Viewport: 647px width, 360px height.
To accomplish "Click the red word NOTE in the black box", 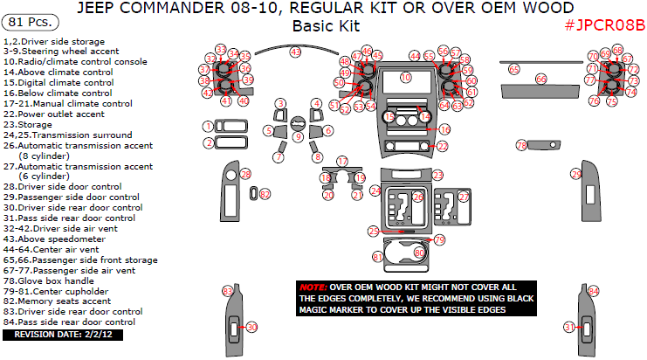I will pyautogui.click(x=313, y=287).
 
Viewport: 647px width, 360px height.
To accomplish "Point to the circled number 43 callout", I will pyautogui.click(x=295, y=52).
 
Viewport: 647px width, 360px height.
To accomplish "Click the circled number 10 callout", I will pyautogui.click(x=405, y=78).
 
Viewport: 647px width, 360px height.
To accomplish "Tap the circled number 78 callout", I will pyautogui.click(x=521, y=144).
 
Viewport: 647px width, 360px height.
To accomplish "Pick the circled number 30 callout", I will pyautogui.click(x=252, y=327).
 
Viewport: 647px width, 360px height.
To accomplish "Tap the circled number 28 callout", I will pyautogui.click(x=245, y=174).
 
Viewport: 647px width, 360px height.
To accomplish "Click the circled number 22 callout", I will pyautogui.click(x=443, y=147).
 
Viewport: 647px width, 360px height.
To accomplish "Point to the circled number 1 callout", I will pyautogui.click(x=208, y=127).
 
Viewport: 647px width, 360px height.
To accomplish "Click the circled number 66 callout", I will pyautogui.click(x=541, y=79).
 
